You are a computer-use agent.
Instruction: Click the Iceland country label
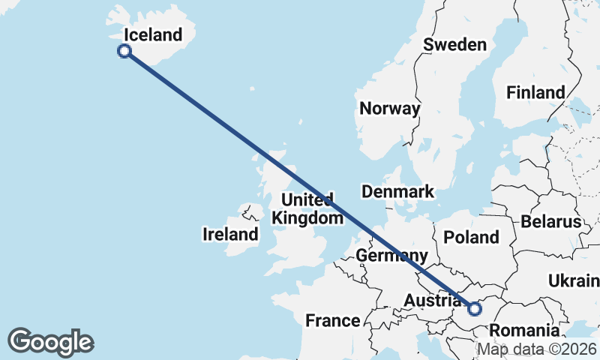point(153,34)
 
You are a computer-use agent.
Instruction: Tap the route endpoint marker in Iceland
point(124,51)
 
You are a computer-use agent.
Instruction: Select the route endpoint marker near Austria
point(474,308)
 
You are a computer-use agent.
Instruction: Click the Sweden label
point(454,44)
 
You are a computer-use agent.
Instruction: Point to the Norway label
point(389,108)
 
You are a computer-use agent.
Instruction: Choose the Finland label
point(535,92)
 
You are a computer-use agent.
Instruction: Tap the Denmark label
point(397,191)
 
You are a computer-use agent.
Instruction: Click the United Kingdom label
point(307,208)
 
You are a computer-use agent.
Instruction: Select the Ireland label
point(230,234)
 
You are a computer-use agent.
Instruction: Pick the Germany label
point(391,255)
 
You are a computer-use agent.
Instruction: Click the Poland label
point(471,237)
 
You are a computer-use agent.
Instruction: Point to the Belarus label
point(551,221)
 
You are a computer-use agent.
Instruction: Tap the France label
point(332,321)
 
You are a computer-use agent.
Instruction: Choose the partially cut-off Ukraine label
point(574,280)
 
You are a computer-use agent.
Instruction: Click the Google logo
point(51,342)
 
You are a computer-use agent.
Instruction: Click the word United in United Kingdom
point(307,199)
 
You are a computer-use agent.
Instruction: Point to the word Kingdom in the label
point(307,217)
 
